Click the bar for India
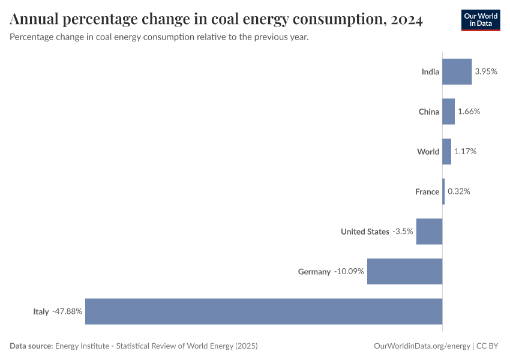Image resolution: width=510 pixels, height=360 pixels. pos(457,71)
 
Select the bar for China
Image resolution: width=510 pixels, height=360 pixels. pos(448,112)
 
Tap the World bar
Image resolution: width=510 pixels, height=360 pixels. pos(446,152)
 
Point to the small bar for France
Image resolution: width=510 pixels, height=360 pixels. pos(443,191)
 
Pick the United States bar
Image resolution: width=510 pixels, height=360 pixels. pos(429,232)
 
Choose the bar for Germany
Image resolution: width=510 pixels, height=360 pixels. pos(404,271)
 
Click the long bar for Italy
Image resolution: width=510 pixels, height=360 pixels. pos(263,311)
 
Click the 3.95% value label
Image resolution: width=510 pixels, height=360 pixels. pos(486,71)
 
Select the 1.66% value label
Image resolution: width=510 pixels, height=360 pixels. pos(469,112)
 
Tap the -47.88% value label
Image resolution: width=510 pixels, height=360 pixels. pos(67,311)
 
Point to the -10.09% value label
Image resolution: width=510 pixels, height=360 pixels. pos(349,271)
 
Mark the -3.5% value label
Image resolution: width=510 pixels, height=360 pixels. pos(403,232)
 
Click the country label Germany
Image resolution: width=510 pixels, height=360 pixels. pos(314,272)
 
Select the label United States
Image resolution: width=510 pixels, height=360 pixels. pos(365,232)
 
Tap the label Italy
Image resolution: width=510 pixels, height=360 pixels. pos(41,311)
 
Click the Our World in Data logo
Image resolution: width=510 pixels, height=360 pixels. pos(481,20)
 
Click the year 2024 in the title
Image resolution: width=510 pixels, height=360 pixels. pos(406,20)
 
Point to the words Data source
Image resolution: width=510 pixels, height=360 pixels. pos(31,346)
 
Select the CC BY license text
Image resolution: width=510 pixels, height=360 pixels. pos(488,346)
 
